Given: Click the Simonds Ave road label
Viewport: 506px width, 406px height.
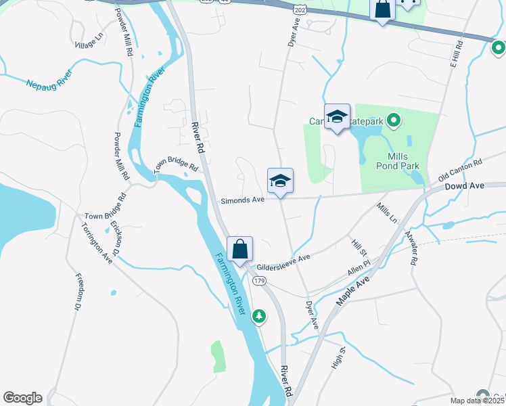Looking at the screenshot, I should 242,200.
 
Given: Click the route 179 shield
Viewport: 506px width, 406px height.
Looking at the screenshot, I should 258,280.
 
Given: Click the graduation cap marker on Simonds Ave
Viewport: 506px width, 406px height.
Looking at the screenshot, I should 280,181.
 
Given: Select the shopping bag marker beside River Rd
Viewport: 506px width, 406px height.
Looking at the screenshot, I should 240,249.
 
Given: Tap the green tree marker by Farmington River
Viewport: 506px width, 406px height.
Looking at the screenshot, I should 258,316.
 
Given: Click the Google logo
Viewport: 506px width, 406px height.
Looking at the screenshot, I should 22,398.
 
